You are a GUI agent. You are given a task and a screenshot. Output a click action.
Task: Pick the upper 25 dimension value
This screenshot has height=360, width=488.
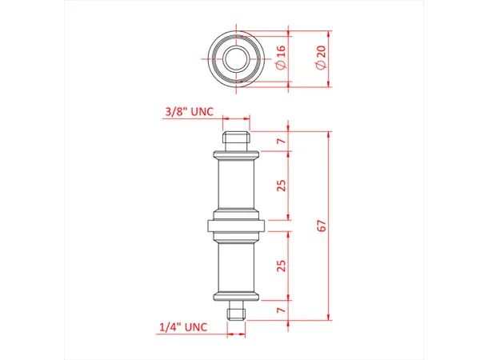tap(282, 186)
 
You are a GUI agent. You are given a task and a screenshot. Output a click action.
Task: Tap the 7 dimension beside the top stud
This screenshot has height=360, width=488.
tap(282, 142)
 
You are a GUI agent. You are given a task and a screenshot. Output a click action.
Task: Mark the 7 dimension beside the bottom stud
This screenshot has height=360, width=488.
tap(282, 310)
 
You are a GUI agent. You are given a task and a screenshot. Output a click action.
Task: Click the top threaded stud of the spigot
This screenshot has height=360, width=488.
tap(237, 141)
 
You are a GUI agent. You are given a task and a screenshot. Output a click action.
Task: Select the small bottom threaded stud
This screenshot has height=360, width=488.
tap(237, 309)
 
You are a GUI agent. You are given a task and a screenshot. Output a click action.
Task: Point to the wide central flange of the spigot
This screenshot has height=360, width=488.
tap(237, 226)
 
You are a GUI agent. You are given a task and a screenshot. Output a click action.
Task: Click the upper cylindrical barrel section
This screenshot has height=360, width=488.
tap(237, 186)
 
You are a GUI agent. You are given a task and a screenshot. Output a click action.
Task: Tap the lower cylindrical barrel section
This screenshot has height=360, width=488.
tap(237, 266)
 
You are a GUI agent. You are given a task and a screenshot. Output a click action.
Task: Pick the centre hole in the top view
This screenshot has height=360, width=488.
tap(237, 58)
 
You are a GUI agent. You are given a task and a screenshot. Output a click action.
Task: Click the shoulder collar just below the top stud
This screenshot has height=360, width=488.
tap(237, 154)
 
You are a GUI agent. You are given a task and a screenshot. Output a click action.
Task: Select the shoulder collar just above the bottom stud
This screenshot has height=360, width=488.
tap(237, 297)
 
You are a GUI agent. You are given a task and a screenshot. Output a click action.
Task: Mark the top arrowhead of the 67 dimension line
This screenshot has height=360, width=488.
tap(328, 134)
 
